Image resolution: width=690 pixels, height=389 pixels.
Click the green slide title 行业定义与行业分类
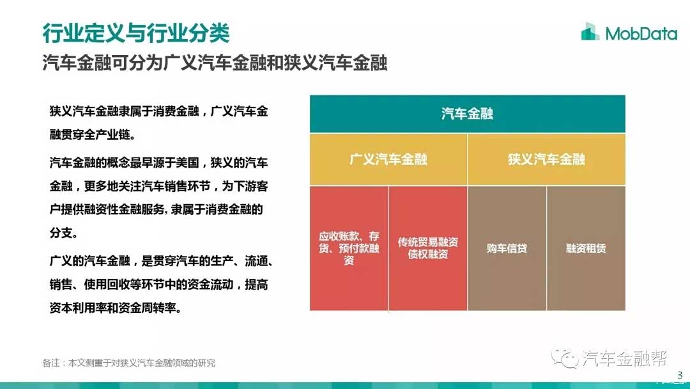click(x=136, y=33)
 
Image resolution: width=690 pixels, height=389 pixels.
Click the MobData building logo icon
click(x=590, y=31)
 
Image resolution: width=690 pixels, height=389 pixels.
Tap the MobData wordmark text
click(x=641, y=33)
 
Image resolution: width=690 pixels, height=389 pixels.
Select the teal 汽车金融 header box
click(x=467, y=114)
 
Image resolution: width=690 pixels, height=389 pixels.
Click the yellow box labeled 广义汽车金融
click(x=388, y=159)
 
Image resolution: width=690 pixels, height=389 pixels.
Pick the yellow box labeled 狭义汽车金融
click(x=546, y=159)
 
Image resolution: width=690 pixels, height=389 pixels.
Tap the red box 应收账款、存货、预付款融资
click(x=349, y=248)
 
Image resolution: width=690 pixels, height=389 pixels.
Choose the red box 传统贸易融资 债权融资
click(x=427, y=248)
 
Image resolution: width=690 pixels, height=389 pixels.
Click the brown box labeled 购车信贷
click(x=507, y=248)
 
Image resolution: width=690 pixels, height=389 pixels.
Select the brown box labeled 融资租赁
click(x=586, y=248)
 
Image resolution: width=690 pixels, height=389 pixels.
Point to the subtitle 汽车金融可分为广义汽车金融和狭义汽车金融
click(x=215, y=63)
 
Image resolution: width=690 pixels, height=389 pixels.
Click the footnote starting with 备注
click(x=129, y=363)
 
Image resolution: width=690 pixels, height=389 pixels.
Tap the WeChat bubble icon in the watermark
click(x=565, y=358)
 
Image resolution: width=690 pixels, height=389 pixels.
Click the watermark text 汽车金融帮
click(x=624, y=358)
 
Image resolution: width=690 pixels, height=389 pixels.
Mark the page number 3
click(x=680, y=375)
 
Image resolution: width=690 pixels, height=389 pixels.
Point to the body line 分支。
click(x=64, y=233)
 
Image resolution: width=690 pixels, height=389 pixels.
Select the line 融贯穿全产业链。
click(x=93, y=134)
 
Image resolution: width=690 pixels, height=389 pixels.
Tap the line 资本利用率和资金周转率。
click(x=115, y=308)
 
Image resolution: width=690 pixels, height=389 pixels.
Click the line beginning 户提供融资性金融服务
click(x=157, y=210)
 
